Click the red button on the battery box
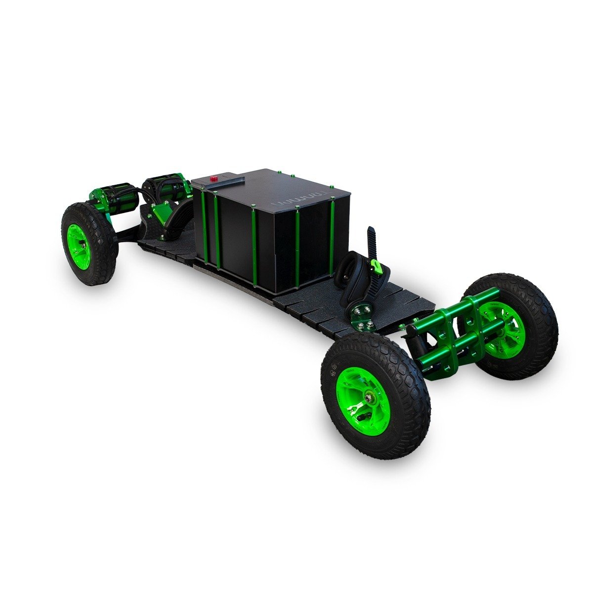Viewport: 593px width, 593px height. (214, 179)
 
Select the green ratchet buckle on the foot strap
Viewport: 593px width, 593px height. (379, 267)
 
